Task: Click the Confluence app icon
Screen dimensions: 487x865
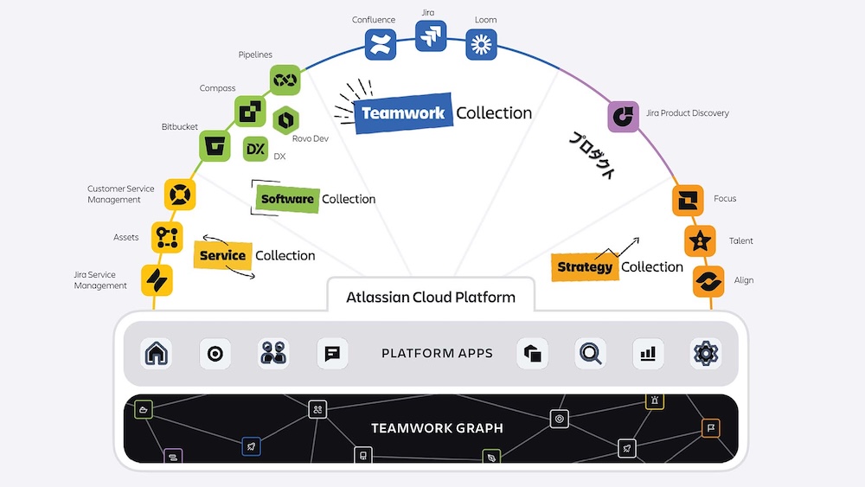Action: [x=380, y=44]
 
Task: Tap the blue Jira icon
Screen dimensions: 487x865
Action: [x=431, y=36]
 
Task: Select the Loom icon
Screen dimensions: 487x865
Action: [x=481, y=44]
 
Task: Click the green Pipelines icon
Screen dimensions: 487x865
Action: [x=285, y=80]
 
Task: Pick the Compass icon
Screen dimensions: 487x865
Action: [x=251, y=112]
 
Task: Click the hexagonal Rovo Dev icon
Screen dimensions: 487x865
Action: [x=286, y=120]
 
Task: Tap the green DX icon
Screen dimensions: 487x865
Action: [x=256, y=150]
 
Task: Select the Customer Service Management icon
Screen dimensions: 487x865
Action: [x=179, y=194]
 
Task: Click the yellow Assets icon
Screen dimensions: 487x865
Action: [x=167, y=236]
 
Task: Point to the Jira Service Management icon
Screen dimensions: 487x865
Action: [x=157, y=280]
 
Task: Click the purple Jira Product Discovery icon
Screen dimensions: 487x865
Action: [x=623, y=116]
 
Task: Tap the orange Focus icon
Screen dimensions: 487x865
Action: [x=688, y=200]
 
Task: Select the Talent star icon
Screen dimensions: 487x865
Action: [x=700, y=241]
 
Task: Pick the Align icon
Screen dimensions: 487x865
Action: [x=709, y=281]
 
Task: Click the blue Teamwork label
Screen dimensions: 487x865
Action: [x=403, y=113]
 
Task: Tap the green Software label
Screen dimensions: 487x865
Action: [x=287, y=199]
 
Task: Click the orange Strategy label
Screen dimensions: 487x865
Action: [x=584, y=267]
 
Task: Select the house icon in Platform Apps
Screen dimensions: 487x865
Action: [x=157, y=353]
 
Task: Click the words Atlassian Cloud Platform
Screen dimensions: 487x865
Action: [x=431, y=298]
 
